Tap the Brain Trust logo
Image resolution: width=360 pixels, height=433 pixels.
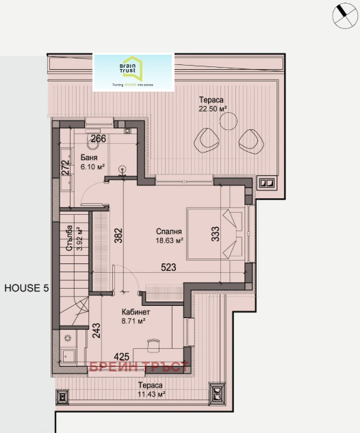[133, 72]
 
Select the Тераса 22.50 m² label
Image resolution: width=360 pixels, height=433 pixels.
[211, 104]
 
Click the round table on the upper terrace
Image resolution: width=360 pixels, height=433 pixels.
[228, 122]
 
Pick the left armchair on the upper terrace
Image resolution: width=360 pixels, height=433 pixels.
[207, 140]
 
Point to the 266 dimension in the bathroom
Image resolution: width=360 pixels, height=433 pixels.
[99, 139]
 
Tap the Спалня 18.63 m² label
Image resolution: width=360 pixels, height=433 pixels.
[169, 236]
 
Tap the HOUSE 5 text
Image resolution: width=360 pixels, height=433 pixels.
[27, 288]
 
